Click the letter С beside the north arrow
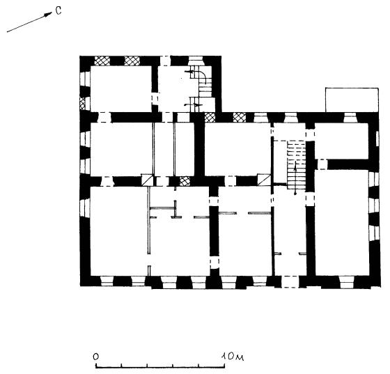58,10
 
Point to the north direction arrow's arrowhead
48,14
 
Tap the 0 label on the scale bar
96,357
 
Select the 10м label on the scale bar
233,357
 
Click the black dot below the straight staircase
295,193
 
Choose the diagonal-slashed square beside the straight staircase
264,180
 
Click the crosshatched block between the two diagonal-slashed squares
185,181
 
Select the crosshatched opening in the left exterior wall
82,104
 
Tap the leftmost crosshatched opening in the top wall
102,61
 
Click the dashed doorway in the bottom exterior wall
290,282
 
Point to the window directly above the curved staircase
196,61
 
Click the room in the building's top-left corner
121,88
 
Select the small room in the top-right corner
341,141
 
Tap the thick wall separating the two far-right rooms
348,164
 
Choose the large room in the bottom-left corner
119,231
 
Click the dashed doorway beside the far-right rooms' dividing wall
322,164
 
